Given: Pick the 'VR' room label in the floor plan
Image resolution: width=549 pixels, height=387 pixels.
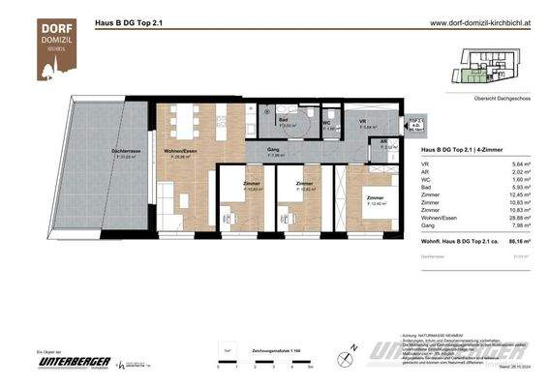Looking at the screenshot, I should click(362, 121).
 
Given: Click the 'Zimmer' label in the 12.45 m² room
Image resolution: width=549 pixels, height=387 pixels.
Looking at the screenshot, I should click(374, 197).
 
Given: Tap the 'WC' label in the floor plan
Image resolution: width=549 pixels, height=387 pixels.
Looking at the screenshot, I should click(327, 123).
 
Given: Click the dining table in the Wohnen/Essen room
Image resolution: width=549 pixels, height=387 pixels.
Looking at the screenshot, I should click(186, 121).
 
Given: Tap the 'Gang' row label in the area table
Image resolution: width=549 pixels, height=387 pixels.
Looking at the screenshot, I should click(429, 227).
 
